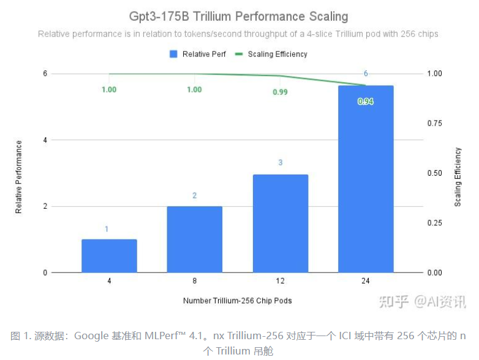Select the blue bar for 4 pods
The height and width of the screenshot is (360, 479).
click(109, 256)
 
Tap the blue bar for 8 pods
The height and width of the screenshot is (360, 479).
click(194, 239)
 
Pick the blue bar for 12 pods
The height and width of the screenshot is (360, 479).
click(280, 223)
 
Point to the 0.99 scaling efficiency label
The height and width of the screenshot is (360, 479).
click(280, 92)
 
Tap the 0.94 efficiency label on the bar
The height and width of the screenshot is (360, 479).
click(366, 102)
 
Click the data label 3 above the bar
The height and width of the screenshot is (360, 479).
click(280, 163)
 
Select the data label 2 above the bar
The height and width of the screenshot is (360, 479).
click(194, 196)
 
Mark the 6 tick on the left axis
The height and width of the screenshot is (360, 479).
click(45, 73)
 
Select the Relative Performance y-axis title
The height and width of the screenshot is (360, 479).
click(19, 177)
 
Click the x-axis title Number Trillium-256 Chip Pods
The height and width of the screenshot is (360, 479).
click(237, 301)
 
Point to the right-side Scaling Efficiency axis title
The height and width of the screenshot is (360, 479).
click(458, 177)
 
